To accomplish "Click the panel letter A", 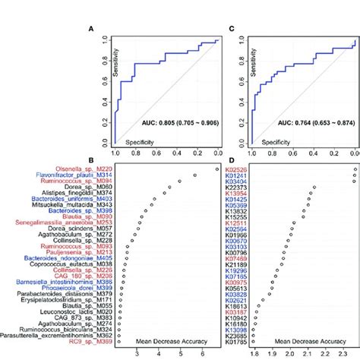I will [x=92, y=30].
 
